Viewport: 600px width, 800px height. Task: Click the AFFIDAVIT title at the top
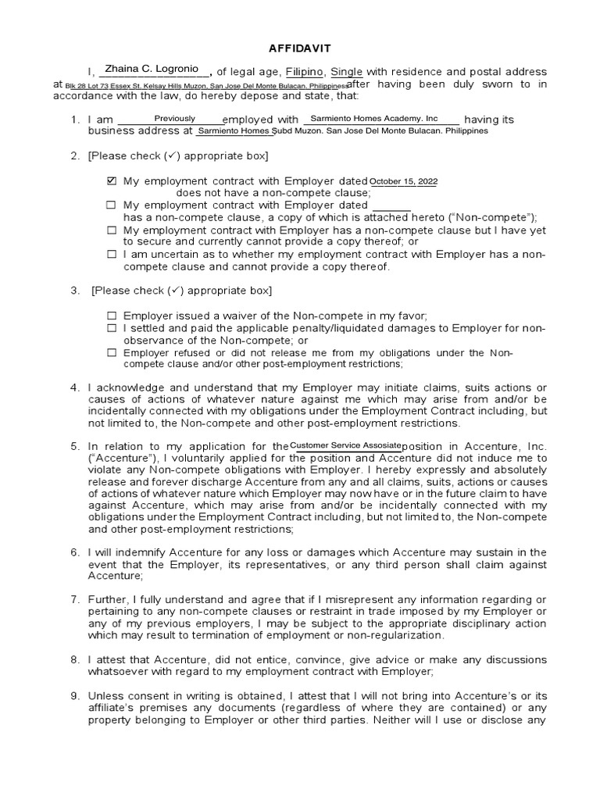pyautogui.click(x=299, y=47)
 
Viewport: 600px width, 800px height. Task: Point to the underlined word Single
pyautogui.click(x=347, y=72)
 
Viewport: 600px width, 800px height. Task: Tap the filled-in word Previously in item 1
pyautogui.click(x=174, y=119)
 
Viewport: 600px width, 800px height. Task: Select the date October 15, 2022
pyautogui.click(x=403, y=181)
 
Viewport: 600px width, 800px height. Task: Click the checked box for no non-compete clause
pyautogui.click(x=111, y=181)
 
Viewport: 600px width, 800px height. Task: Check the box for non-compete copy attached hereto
pyautogui.click(x=111, y=205)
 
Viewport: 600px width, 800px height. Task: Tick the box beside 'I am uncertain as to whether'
pyautogui.click(x=111, y=255)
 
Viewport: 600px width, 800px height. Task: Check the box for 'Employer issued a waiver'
pyautogui.click(x=111, y=316)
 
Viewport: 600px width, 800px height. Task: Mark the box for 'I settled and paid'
pyautogui.click(x=111, y=328)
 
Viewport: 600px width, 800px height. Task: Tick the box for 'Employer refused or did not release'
pyautogui.click(x=111, y=352)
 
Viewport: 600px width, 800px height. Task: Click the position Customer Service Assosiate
pyautogui.click(x=345, y=445)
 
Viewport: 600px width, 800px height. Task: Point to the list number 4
pyautogui.click(x=74, y=387)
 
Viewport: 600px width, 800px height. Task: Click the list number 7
pyautogui.click(x=74, y=599)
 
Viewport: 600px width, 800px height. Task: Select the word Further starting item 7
pyautogui.click(x=107, y=599)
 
